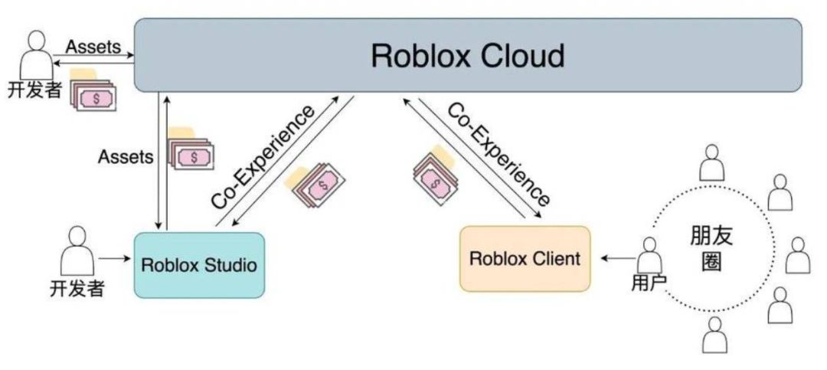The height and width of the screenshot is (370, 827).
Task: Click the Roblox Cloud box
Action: tap(468, 55)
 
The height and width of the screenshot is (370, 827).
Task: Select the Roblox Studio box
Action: tap(199, 265)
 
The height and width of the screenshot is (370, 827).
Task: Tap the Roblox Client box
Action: tap(525, 258)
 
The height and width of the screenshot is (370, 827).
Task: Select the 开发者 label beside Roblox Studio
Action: tap(76, 289)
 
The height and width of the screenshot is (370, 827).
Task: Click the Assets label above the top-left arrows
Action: tap(93, 46)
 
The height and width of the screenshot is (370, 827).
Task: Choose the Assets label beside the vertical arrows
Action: tap(126, 157)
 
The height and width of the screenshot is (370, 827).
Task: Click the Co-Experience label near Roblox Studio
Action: tap(263, 157)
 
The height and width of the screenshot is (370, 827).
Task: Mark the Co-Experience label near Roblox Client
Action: tap(498, 153)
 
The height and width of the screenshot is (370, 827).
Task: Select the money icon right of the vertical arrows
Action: tap(192, 153)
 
